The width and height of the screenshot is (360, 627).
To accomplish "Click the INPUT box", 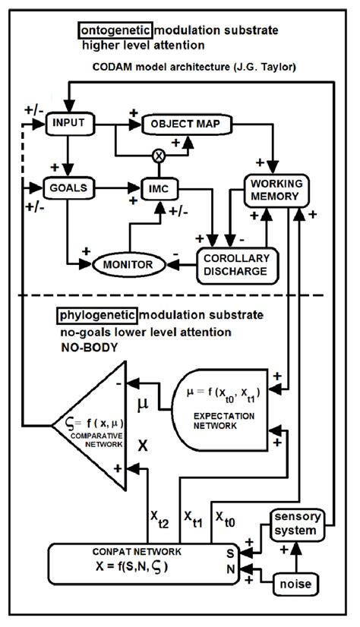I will coord(69,122).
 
